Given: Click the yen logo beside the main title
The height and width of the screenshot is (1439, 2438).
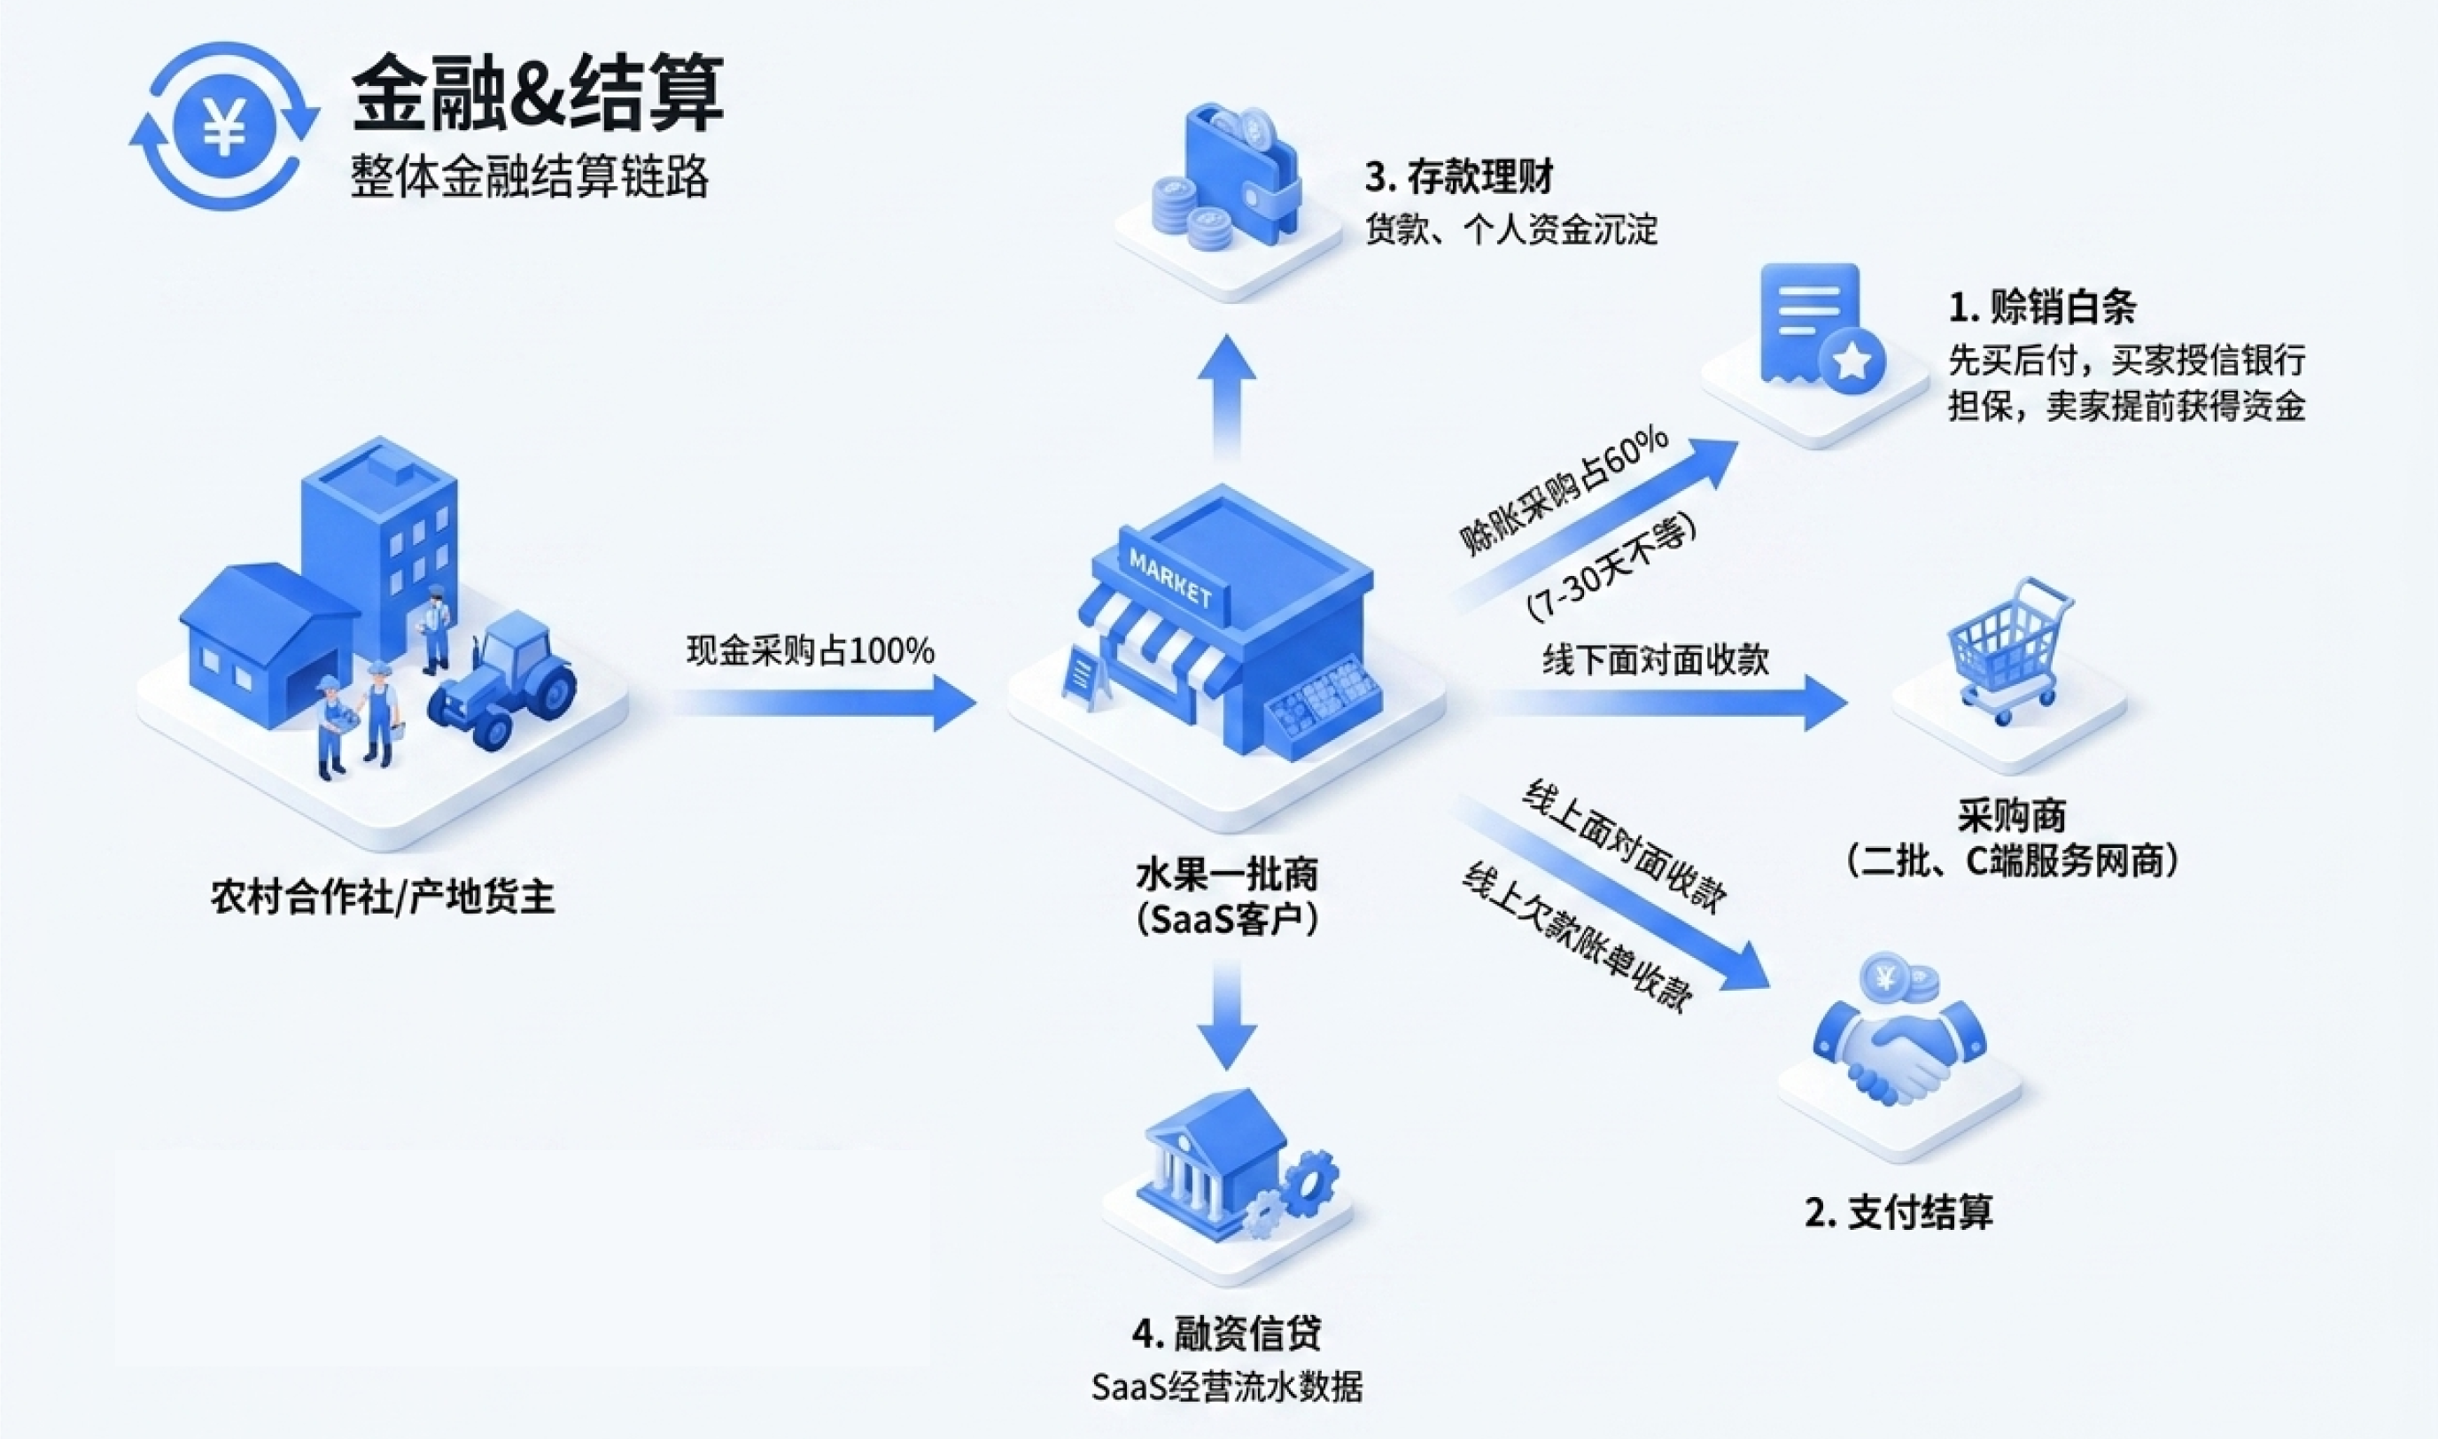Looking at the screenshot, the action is click(x=225, y=125).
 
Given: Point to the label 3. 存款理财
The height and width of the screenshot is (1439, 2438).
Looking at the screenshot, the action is click(x=1459, y=176).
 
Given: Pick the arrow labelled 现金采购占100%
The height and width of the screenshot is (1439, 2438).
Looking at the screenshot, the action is click(x=824, y=703).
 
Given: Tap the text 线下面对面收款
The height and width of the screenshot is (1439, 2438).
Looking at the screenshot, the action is click(x=1656, y=660).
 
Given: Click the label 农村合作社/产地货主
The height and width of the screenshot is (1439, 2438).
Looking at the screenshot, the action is click(x=383, y=897).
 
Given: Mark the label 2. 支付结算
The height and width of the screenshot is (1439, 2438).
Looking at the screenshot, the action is click(x=1899, y=1211).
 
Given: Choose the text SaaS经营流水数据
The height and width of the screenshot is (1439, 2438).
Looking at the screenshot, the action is click(x=1226, y=1386).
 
